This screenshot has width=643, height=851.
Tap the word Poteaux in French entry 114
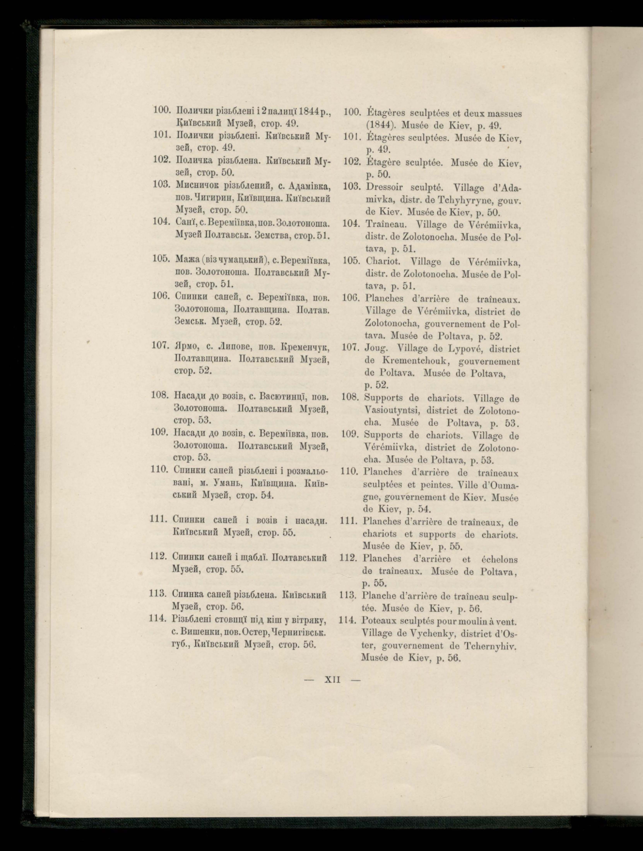[380, 621]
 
